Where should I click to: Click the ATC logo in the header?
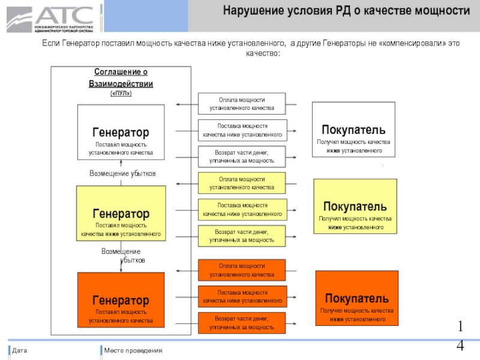point(50,17)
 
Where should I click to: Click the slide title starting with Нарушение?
point(346,11)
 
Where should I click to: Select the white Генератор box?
point(121,132)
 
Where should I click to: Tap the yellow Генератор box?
point(121,214)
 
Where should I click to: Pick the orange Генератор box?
point(121,300)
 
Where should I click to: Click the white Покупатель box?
point(353,130)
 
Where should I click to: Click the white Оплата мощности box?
point(242,104)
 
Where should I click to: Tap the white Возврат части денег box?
point(242,157)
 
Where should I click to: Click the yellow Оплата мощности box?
point(242,183)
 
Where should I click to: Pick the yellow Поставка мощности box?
point(242,209)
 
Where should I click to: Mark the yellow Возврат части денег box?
point(242,235)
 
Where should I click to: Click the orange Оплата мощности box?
point(242,270)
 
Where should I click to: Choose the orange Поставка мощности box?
point(242,296)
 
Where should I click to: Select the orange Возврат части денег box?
point(242,323)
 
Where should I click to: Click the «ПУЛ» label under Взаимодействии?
point(121,94)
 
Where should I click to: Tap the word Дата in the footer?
point(20,350)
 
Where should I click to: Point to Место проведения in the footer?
point(133,350)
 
